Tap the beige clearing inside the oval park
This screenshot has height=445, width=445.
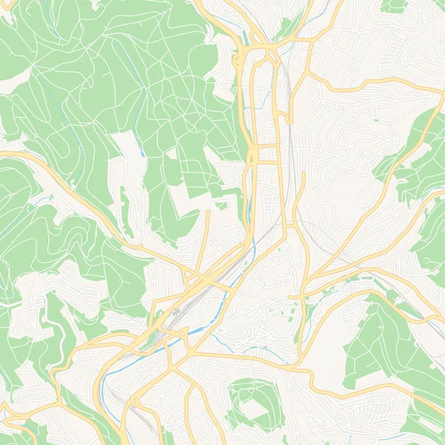click(x=255, y=408)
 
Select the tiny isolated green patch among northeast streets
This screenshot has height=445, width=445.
click(x=376, y=119)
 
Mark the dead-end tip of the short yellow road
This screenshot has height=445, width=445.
click(x=207, y=213)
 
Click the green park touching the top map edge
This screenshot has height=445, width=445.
click(x=393, y=6)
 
